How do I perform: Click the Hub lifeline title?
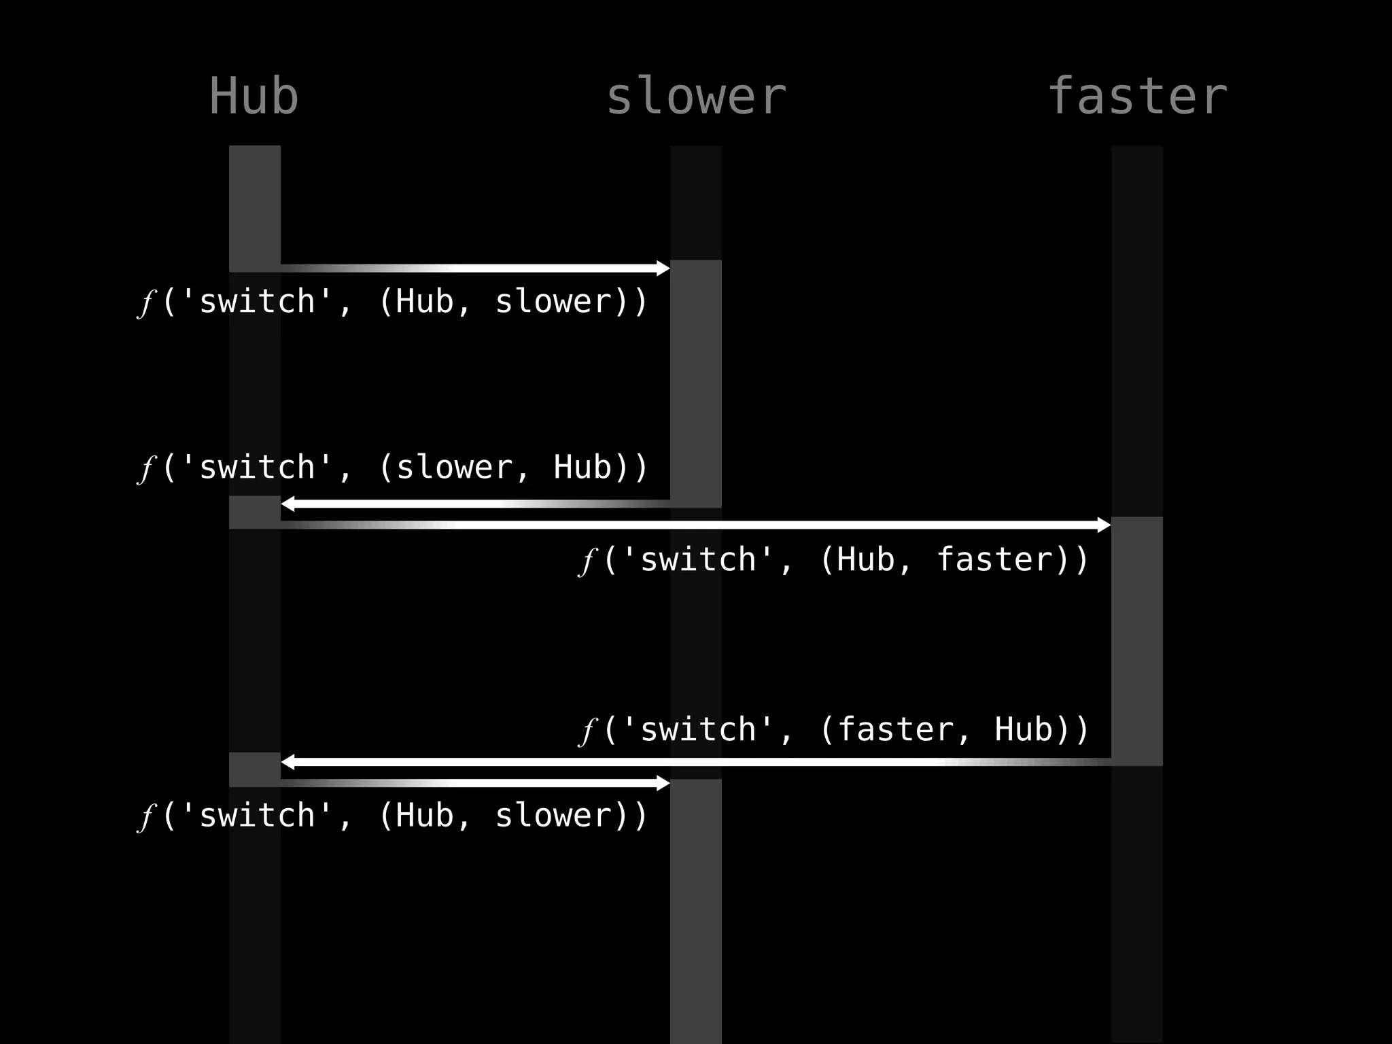tap(254, 97)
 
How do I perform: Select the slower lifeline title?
tap(695, 97)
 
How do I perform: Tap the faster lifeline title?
tap(1137, 97)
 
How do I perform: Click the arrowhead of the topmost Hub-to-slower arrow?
tap(663, 268)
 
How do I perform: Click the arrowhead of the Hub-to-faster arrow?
tap(1104, 525)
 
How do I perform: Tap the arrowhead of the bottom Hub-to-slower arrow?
tap(663, 783)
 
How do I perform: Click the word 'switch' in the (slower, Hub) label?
tap(257, 468)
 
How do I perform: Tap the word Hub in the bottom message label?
tap(425, 816)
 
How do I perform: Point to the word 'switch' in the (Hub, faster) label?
tap(698, 560)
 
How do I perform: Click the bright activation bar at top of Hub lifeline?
tap(254, 207)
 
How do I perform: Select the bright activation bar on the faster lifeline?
tap(1136, 639)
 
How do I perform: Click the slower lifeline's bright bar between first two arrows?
tap(695, 381)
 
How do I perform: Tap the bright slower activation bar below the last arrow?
tap(695, 911)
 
